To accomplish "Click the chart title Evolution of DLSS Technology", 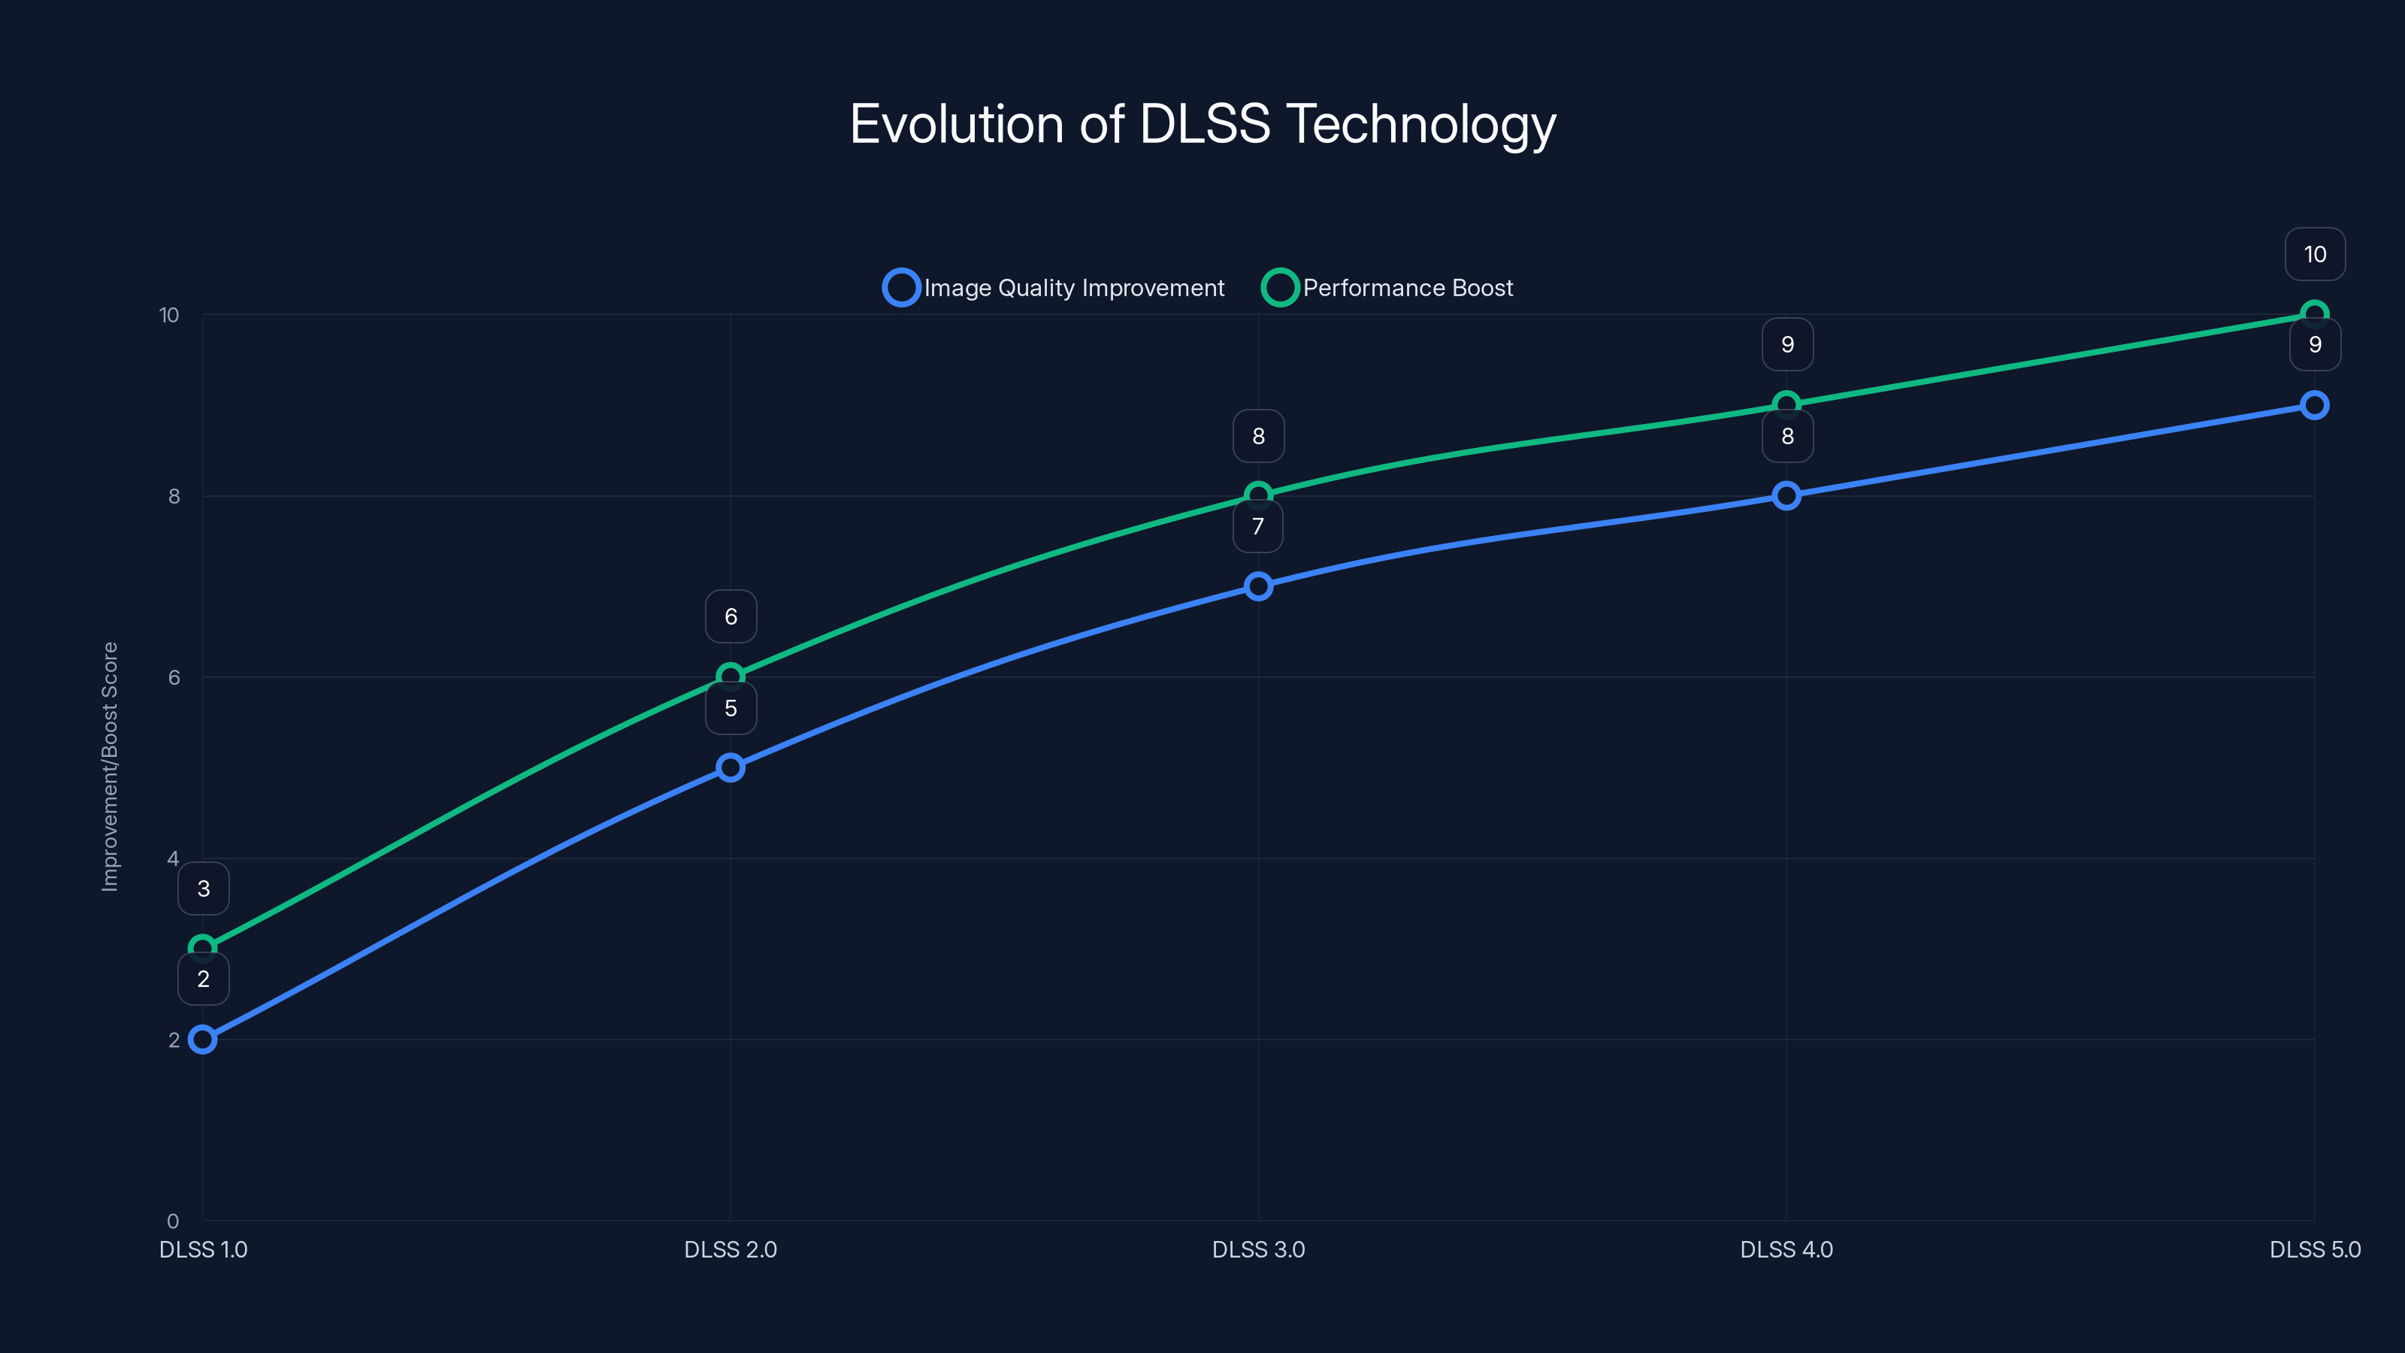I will pos(1202,124).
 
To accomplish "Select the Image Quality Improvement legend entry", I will pos(1054,288).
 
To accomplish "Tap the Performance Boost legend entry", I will pos(1387,288).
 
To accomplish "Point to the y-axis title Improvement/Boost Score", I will pos(110,767).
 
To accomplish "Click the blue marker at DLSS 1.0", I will pos(203,1040).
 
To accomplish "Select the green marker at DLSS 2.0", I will pos(731,676).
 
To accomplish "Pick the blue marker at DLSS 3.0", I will pos(1259,586).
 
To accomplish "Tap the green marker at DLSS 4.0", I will pos(1786,404).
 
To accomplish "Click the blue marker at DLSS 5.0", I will pos(2315,405).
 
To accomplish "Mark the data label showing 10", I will pos(2315,254).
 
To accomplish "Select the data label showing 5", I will pos(731,709).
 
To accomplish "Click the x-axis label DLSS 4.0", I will pos(1786,1249).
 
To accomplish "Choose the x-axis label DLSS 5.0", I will pos(2315,1249).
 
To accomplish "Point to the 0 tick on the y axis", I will pos(173,1221).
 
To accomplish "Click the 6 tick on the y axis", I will pos(174,677).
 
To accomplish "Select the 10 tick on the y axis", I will pos(169,315).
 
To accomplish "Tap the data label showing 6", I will pos(731,616).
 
